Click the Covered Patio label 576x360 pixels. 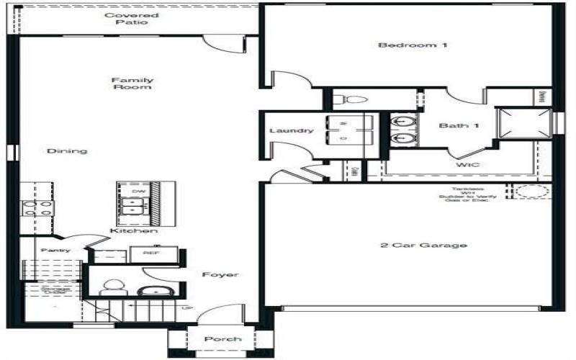pyautogui.click(x=132, y=19)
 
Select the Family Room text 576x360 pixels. pyautogui.click(x=132, y=84)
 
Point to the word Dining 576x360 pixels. pyautogui.click(x=67, y=151)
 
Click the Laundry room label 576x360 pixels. pyautogui.click(x=291, y=130)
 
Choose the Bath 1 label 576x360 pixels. pyautogui.click(x=459, y=126)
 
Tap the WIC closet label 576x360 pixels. pyautogui.click(x=467, y=165)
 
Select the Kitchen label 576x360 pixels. pyautogui.click(x=134, y=231)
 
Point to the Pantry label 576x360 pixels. pyautogui.click(x=55, y=250)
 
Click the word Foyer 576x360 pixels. pyautogui.click(x=220, y=275)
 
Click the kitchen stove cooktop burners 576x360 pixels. pyautogui.click(x=37, y=208)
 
